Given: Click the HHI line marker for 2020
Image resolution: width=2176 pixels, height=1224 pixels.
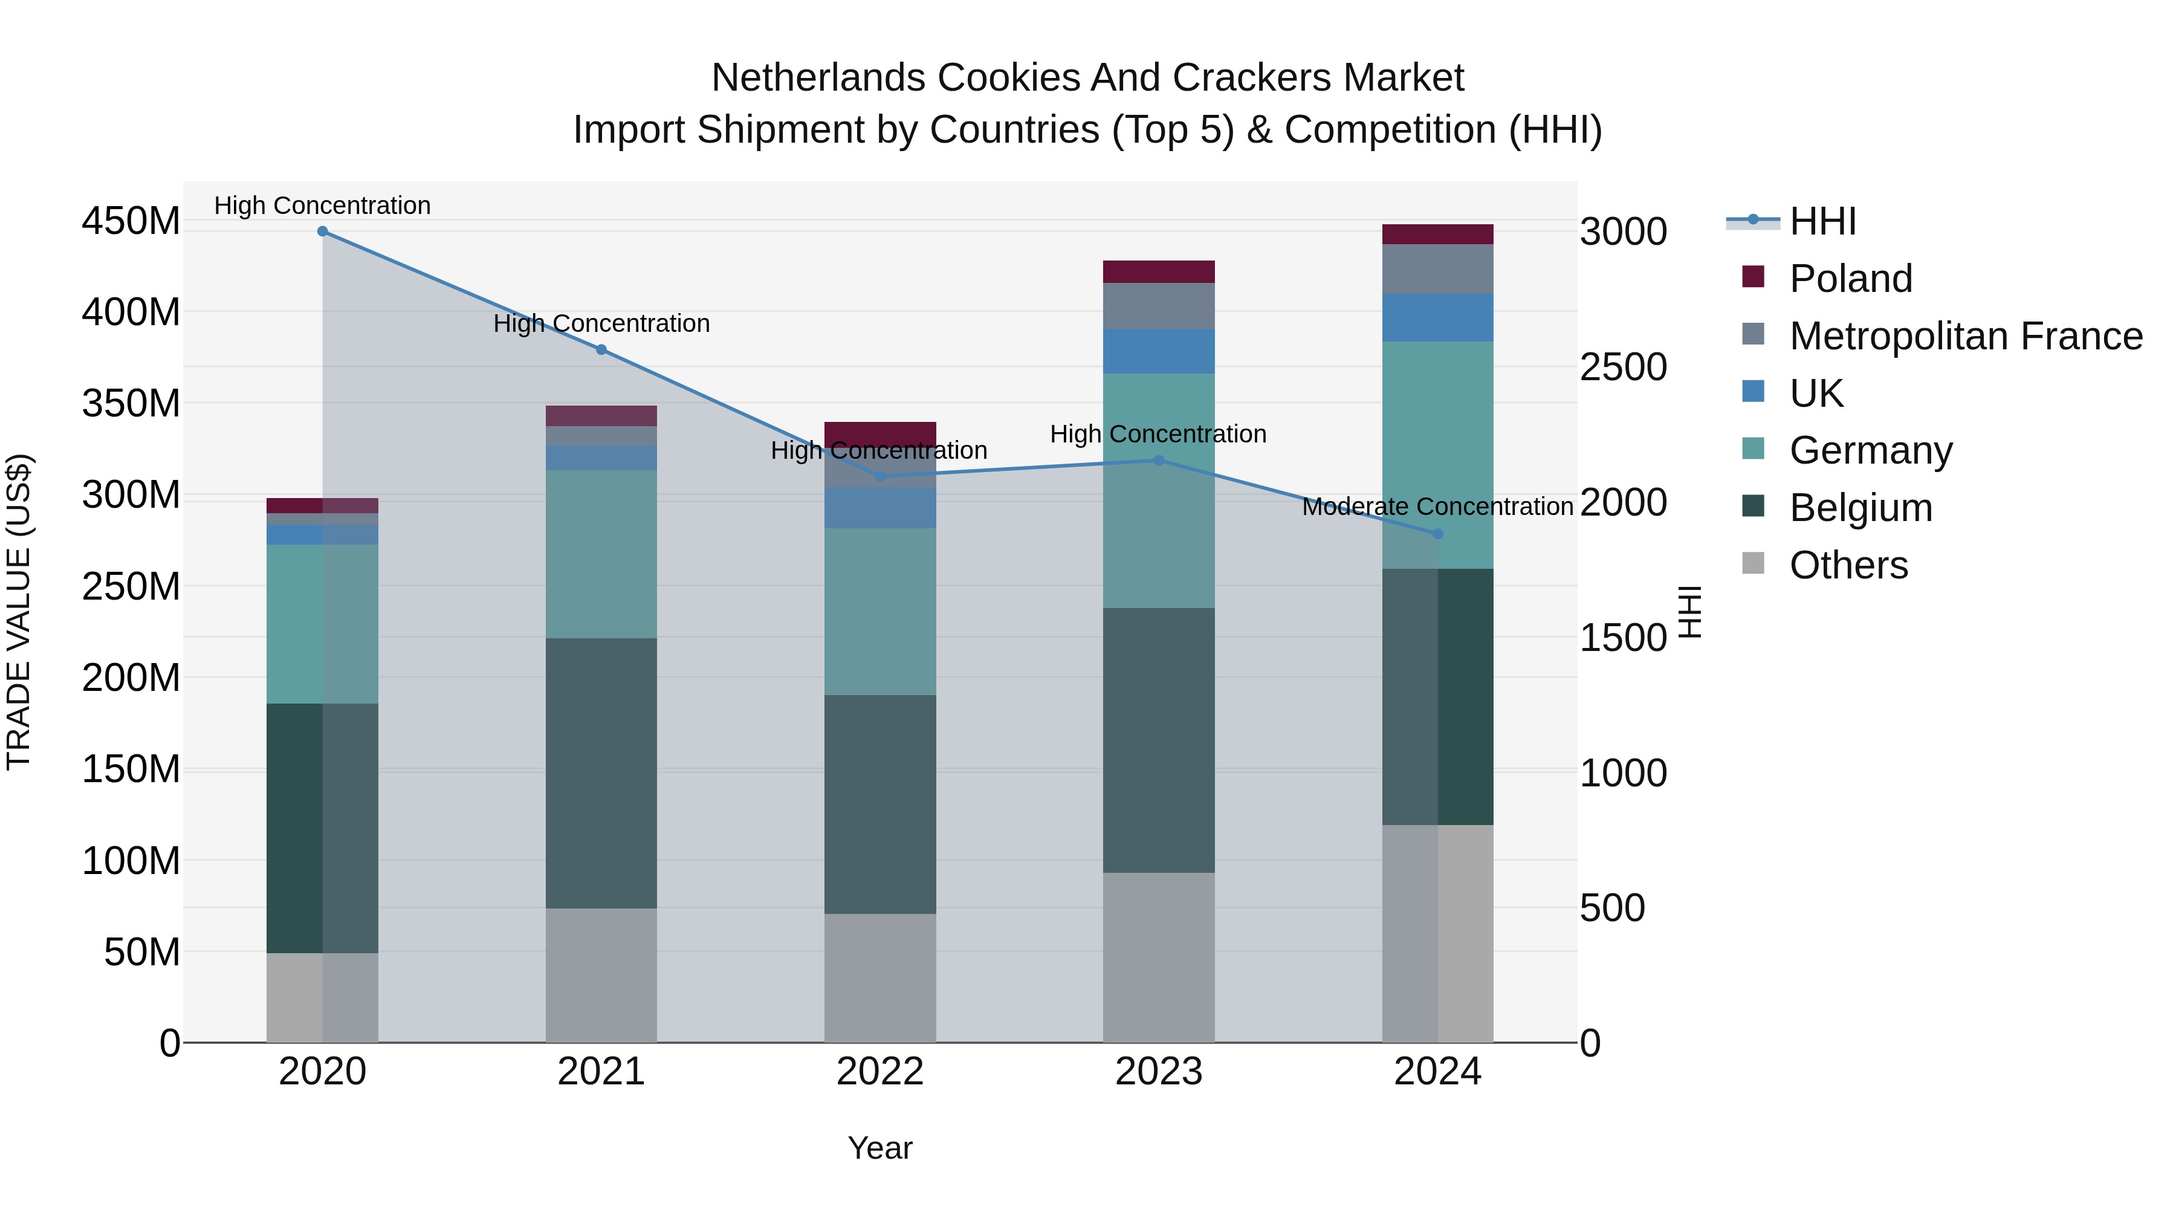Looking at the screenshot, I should [x=323, y=232].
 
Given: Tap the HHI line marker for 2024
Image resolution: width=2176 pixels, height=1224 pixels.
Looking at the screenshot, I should [x=1438, y=534].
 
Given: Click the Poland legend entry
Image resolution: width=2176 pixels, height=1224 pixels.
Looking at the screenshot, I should [x=1850, y=279].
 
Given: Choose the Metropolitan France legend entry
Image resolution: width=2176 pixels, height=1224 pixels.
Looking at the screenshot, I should [x=1965, y=336].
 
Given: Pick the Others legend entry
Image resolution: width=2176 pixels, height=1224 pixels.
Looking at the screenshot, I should [x=1848, y=565].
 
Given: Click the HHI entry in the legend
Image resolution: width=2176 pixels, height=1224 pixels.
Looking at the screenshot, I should [x=1822, y=221].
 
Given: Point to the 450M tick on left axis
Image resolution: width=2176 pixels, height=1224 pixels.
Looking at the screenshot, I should [x=131, y=221].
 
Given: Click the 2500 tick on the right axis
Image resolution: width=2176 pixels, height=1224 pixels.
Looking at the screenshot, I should [x=1623, y=368].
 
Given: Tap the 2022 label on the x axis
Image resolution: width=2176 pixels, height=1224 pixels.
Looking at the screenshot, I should [x=879, y=1072].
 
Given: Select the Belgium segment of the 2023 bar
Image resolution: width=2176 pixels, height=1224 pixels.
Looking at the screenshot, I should [x=1158, y=740].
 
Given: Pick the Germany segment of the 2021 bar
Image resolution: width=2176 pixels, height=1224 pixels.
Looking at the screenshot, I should [x=601, y=554].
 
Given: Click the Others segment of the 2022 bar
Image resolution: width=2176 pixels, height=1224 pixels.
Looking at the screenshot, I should [x=879, y=977].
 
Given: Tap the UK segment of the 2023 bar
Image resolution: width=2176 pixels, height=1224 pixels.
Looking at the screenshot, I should [x=1158, y=351].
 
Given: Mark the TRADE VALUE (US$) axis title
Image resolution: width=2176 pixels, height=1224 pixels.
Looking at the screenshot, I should [x=19, y=612].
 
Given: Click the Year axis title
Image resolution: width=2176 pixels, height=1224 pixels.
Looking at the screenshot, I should [x=879, y=1148].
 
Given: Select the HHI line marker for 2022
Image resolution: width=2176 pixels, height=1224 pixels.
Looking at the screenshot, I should [x=879, y=476].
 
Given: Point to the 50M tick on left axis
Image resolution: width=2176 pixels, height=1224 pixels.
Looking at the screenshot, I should [x=141, y=953].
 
